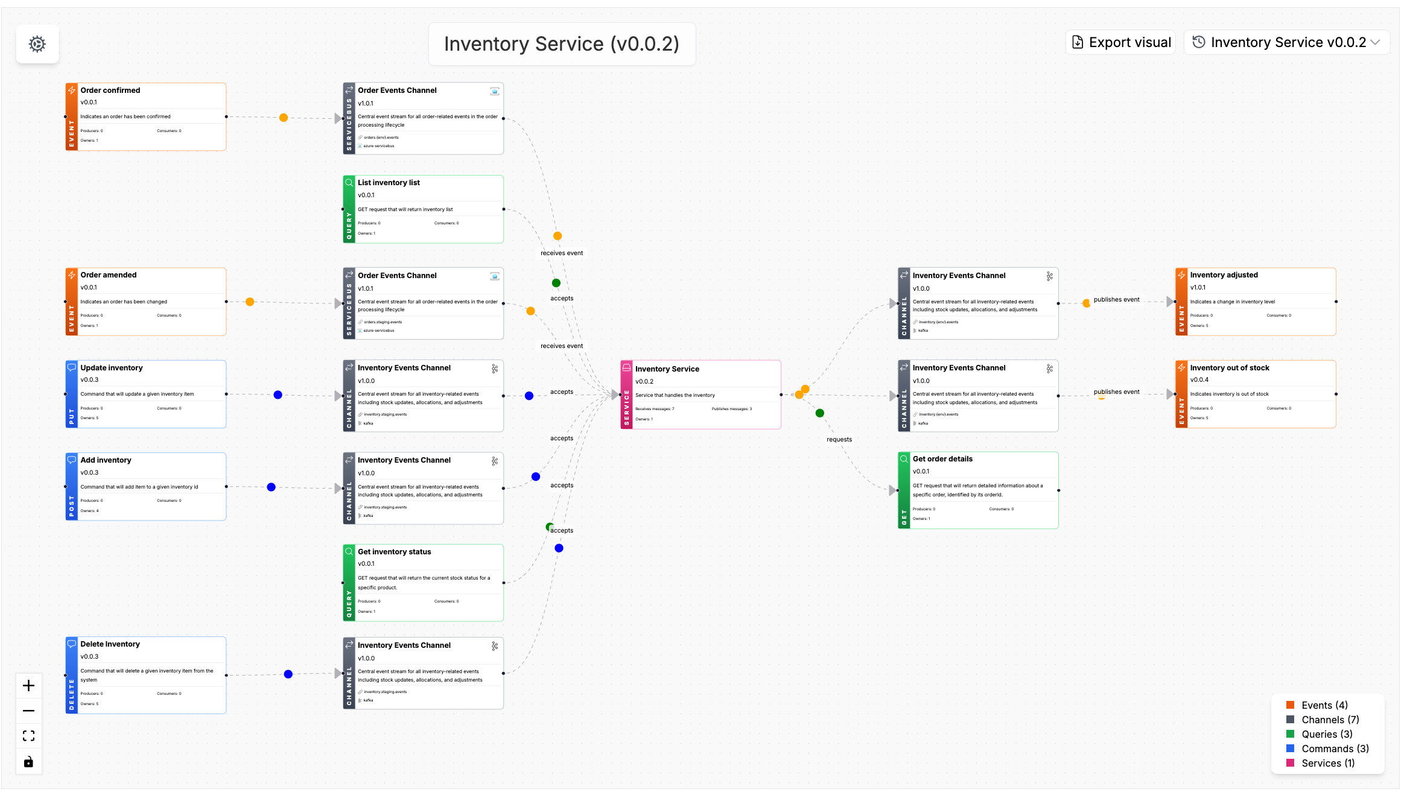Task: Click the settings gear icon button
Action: pos(37,44)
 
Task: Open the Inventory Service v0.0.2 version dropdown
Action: pos(1287,42)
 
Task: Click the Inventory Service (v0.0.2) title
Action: pos(561,44)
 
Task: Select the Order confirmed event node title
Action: pos(110,90)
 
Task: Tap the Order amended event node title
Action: pos(109,274)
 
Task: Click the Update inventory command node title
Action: pos(112,367)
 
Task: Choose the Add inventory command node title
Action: pos(106,460)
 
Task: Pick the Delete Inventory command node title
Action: pos(110,644)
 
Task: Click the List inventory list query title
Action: pos(389,182)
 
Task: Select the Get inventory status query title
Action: pos(395,551)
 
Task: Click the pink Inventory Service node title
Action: pos(667,369)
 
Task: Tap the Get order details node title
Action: pos(942,458)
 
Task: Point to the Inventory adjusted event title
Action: pos(1224,274)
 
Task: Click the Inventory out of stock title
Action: pos(1230,367)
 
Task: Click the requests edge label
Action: pos(839,439)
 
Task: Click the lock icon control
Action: pos(28,762)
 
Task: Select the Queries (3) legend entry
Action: pos(1327,734)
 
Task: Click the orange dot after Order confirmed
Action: pos(284,118)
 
